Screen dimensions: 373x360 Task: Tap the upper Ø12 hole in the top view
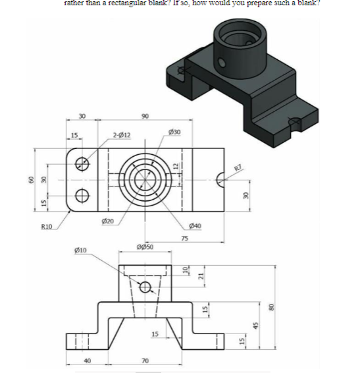click(x=82, y=163)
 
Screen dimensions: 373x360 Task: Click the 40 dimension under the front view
click(x=88, y=360)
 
